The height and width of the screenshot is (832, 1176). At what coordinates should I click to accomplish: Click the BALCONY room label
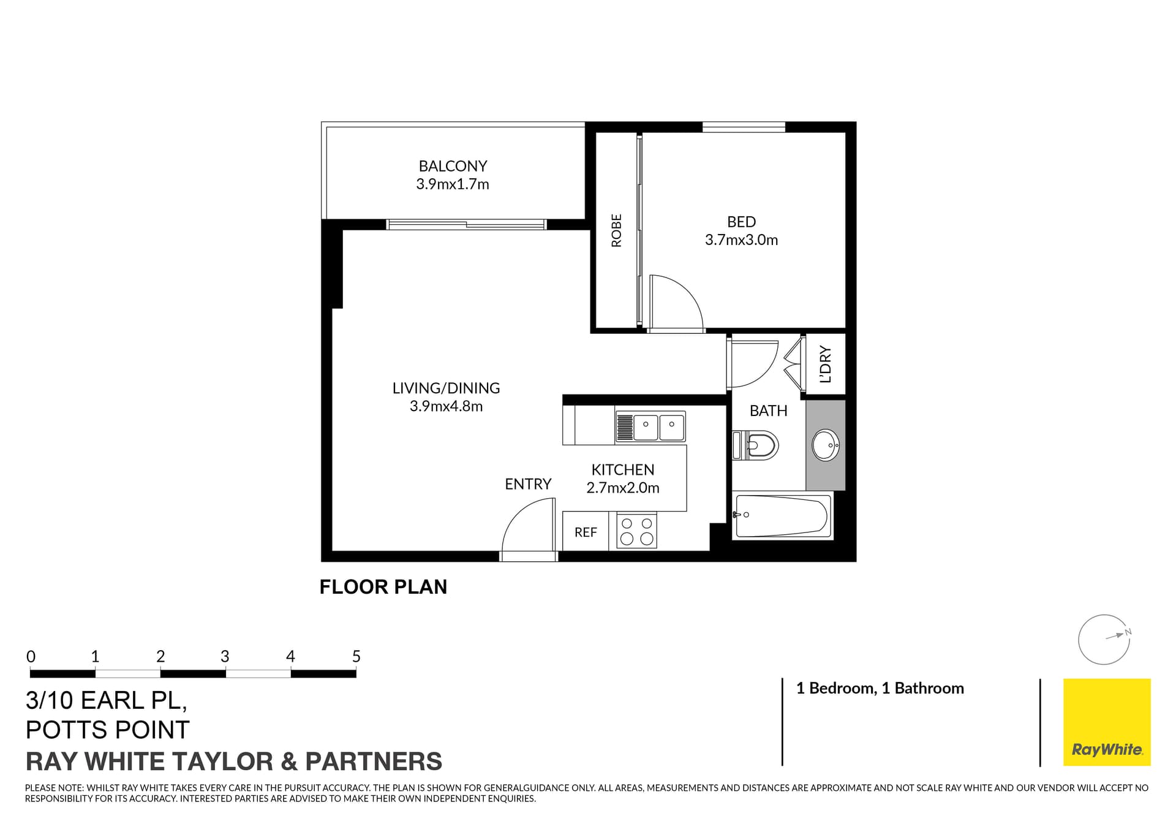pos(453,166)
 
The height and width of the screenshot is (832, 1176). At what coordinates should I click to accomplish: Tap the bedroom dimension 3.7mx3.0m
pos(741,240)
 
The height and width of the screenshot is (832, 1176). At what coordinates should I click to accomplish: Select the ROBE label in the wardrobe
pos(617,230)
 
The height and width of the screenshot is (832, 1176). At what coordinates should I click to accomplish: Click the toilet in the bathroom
pos(757,445)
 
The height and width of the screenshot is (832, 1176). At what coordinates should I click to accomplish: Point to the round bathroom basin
pos(825,444)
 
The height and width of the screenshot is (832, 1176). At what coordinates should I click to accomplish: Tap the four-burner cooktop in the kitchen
pos(636,531)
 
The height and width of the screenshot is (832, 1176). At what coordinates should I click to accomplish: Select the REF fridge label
pos(586,532)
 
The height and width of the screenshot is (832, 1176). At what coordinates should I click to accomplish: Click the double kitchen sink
pos(658,427)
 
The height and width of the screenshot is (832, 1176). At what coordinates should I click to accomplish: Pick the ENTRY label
pos(528,484)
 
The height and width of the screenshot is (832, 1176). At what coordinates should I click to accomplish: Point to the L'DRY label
pos(826,365)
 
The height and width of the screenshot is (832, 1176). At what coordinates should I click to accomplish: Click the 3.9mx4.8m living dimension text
pos(446,406)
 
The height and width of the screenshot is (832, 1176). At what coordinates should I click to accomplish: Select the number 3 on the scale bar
pos(225,657)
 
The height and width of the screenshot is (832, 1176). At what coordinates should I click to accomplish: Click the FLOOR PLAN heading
pos(383,587)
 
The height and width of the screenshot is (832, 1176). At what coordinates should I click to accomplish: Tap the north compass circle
pos(1104,640)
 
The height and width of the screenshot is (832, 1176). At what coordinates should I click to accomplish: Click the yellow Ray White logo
pos(1107,722)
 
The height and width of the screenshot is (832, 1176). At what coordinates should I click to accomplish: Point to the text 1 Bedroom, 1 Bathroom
pos(880,689)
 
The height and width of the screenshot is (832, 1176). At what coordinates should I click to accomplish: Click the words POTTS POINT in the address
pos(108,730)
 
